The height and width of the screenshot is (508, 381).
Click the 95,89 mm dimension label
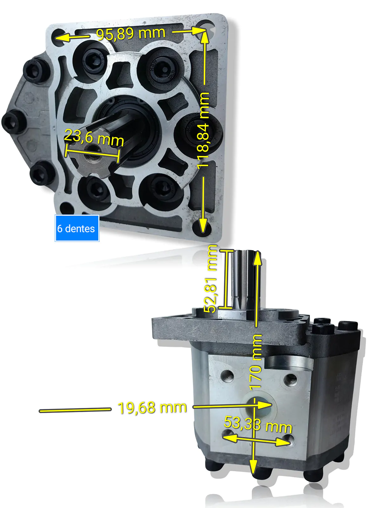131,33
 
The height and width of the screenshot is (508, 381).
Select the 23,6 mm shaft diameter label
94,138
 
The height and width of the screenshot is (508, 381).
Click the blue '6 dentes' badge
77,228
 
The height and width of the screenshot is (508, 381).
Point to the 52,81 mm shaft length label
211,279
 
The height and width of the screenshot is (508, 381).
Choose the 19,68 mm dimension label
152,408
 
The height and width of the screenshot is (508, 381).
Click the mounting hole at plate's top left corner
59,36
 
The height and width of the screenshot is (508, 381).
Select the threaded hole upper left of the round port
228,376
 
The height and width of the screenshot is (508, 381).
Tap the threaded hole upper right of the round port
290,379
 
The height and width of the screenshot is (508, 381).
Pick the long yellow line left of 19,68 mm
75,410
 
